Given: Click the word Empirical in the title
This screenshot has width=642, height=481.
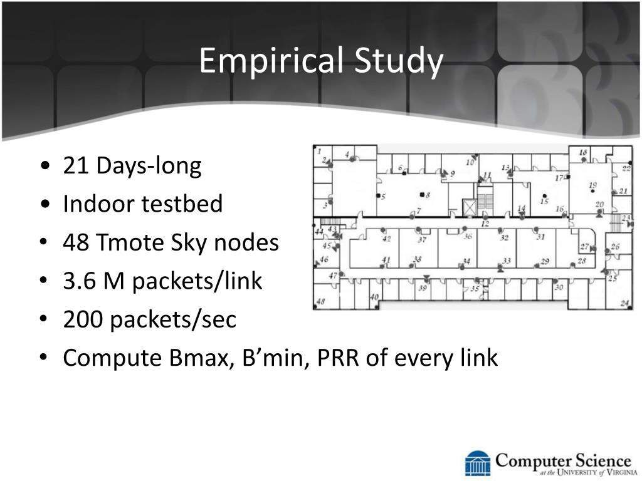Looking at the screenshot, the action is click(x=271, y=61).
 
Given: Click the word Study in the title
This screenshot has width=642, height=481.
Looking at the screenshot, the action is click(x=398, y=61).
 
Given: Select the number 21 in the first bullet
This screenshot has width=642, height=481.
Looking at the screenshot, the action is click(x=76, y=165).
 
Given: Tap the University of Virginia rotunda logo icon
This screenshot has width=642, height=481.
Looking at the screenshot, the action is click(x=477, y=463).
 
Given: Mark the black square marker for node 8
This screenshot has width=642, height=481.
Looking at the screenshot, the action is click(x=422, y=194).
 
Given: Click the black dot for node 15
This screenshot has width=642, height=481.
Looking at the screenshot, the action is click(x=544, y=196).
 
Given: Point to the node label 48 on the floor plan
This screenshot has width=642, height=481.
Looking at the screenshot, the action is click(x=320, y=301).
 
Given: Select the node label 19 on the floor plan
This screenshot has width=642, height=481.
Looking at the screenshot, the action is click(x=593, y=185).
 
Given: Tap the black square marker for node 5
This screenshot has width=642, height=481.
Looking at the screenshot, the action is click(x=378, y=195).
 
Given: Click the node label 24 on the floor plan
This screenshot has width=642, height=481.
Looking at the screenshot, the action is click(x=624, y=303).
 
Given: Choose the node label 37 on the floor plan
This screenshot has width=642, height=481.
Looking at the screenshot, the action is click(x=422, y=240).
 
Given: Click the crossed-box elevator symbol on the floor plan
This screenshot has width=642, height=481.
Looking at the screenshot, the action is click(x=470, y=207).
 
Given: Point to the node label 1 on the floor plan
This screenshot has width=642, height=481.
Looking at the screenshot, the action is click(x=319, y=151).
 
